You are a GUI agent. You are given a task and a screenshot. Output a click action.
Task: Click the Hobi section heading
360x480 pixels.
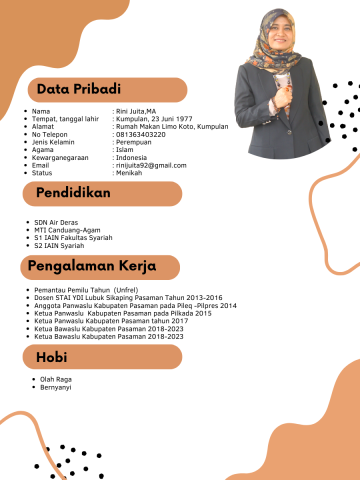(x=52, y=356)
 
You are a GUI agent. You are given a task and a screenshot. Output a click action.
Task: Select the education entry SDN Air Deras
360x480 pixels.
(x=57, y=222)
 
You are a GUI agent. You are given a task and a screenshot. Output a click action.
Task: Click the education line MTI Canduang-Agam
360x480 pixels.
(x=67, y=230)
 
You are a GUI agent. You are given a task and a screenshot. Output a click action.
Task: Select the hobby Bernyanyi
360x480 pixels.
(x=55, y=386)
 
